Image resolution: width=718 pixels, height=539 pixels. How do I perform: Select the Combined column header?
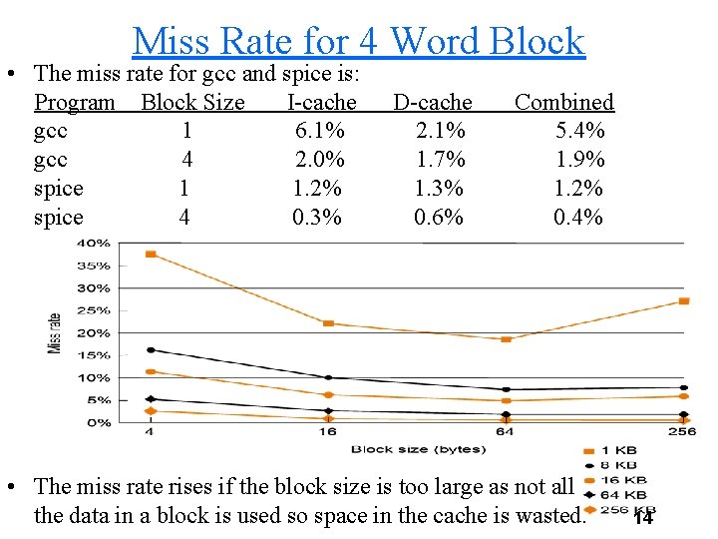click(563, 102)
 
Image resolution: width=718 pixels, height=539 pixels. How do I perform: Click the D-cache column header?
click(433, 102)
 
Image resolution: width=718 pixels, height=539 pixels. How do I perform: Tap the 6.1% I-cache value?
click(320, 131)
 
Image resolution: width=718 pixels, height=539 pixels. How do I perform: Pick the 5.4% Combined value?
click(579, 131)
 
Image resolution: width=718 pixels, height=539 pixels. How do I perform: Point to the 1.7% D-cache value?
click(440, 160)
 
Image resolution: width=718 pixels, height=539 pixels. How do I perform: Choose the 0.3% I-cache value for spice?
click(317, 218)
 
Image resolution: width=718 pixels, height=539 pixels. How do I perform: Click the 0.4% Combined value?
click(578, 218)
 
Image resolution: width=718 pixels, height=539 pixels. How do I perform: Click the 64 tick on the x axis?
click(506, 433)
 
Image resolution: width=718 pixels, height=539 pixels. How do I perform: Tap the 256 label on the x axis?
click(682, 433)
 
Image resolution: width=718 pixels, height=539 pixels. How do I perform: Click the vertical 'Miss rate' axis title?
click(55, 332)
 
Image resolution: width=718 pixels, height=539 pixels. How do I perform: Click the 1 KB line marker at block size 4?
click(151, 255)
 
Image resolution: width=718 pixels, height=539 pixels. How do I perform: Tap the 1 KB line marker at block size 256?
click(683, 300)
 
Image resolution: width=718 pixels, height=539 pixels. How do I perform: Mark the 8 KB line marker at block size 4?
click(151, 350)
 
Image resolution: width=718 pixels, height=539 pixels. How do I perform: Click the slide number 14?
click(643, 518)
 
